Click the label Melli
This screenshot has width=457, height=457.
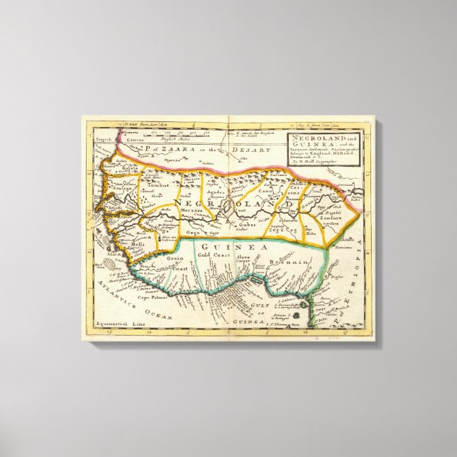click(136, 243)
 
